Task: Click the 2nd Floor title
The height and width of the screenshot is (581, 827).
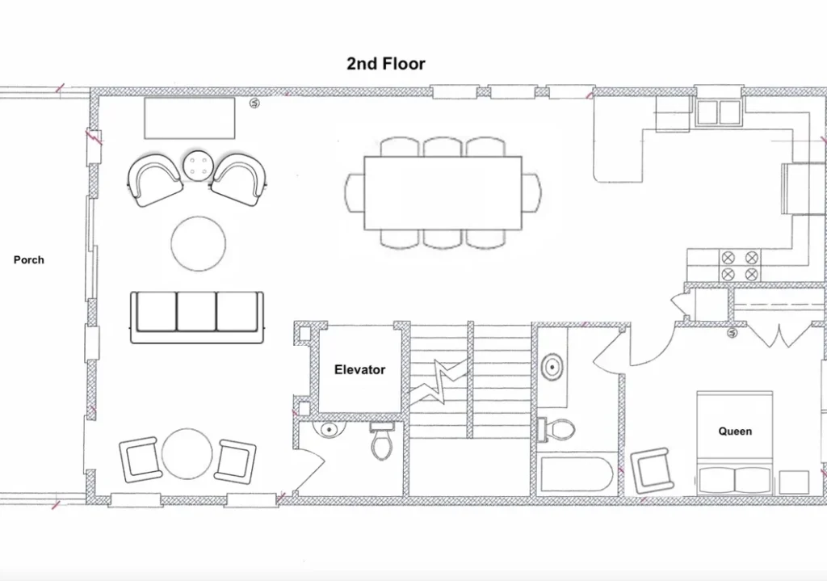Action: [x=385, y=63]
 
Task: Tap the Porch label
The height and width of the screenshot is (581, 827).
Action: [x=29, y=259]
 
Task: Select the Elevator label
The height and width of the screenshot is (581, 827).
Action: [x=359, y=369]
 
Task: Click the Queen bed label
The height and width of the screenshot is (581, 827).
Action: [x=735, y=432]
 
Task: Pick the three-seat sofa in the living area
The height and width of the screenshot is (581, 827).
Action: [x=197, y=317]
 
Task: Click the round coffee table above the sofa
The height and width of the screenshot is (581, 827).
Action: [x=199, y=244]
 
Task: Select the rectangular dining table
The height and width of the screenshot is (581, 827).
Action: [x=443, y=193]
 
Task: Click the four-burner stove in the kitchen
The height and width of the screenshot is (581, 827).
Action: [x=740, y=266]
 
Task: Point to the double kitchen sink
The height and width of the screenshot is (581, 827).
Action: [x=718, y=112]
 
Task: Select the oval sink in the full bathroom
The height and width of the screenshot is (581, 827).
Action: [x=552, y=366]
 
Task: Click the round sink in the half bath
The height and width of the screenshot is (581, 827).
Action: [x=328, y=430]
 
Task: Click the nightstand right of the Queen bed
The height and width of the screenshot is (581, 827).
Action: [x=794, y=482]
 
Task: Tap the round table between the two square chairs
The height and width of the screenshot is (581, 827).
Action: [x=187, y=454]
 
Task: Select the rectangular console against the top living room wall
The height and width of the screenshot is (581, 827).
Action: [x=190, y=118]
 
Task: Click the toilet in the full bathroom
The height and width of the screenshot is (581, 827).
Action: [x=556, y=429]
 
